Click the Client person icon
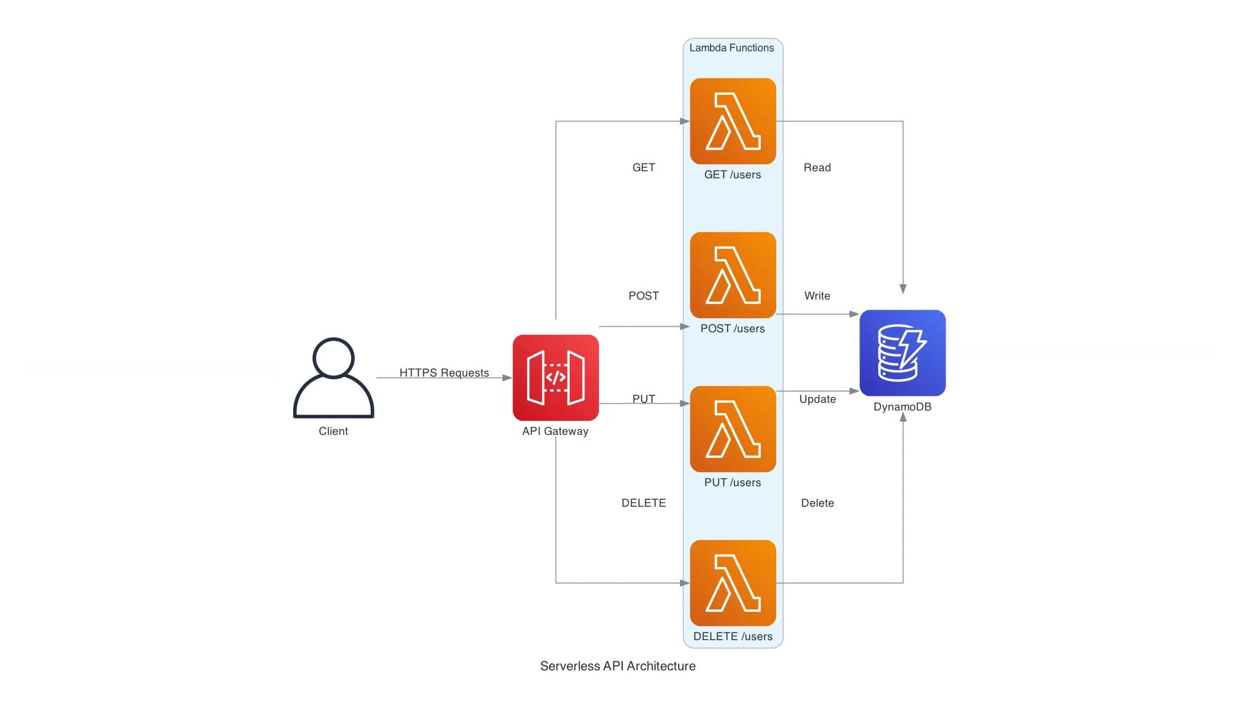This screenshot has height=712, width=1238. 334,378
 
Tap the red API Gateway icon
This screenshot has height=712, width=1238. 555,378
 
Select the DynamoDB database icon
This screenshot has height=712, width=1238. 903,353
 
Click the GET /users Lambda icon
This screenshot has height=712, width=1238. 733,121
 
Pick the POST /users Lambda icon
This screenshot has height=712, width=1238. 733,275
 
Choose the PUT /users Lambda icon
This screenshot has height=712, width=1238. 733,429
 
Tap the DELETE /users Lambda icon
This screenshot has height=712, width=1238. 733,583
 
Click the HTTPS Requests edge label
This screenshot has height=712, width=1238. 444,373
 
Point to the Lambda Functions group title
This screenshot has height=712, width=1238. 731,48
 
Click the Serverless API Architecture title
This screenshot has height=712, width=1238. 618,666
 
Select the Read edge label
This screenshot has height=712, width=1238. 817,168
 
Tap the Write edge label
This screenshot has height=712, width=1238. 817,296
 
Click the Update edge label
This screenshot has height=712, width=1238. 817,400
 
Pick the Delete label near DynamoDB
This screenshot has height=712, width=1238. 817,504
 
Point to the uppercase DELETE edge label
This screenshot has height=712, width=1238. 643,504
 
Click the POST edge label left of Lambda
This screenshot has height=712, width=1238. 643,296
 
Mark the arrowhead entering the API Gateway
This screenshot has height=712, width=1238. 507,378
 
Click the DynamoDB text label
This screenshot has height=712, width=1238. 903,407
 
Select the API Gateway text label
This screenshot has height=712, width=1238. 555,432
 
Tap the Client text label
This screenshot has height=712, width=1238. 334,432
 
